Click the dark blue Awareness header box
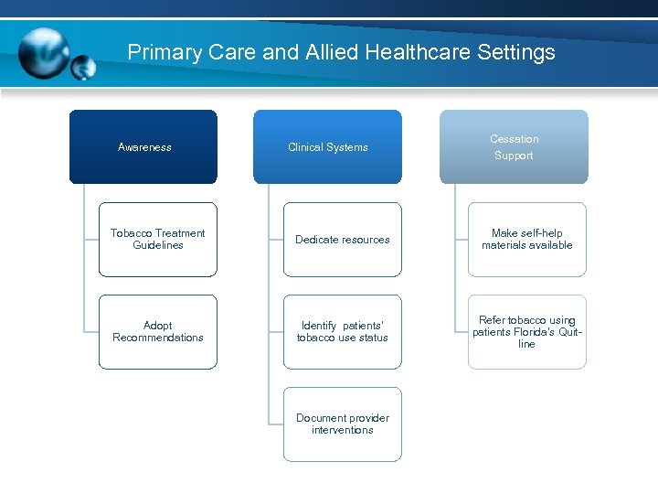pyautogui.click(x=143, y=146)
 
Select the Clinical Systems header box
pyautogui.click(x=327, y=146)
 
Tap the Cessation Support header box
pyautogui.click(x=514, y=146)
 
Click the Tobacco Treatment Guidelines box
pyautogui.click(x=158, y=239)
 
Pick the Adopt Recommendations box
pyautogui.click(x=158, y=331)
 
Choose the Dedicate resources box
pyautogui.click(x=342, y=239)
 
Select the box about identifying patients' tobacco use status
pyautogui.click(x=342, y=331)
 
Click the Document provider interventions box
pyautogui.click(x=342, y=424)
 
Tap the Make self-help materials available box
pyautogui.click(x=526, y=239)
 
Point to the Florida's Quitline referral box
pyautogui.click(x=526, y=331)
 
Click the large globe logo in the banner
pyautogui.click(x=43, y=53)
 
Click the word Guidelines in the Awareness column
pyautogui.click(x=158, y=245)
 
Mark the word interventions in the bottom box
pyautogui.click(x=342, y=430)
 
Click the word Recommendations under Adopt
pyautogui.click(x=158, y=338)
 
